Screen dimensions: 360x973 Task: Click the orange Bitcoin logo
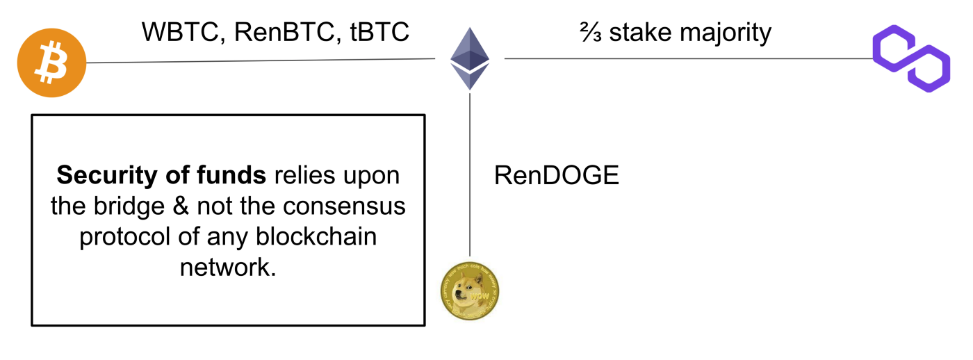(52, 63)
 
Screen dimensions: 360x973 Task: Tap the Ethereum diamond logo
(470, 58)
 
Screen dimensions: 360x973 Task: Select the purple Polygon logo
(911, 58)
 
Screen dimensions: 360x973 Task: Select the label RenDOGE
(556, 176)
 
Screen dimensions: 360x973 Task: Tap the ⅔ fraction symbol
(591, 32)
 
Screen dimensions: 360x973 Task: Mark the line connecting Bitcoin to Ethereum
(264, 60)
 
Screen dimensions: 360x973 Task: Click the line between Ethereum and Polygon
(688, 58)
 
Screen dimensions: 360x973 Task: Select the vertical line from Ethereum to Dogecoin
(470, 174)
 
